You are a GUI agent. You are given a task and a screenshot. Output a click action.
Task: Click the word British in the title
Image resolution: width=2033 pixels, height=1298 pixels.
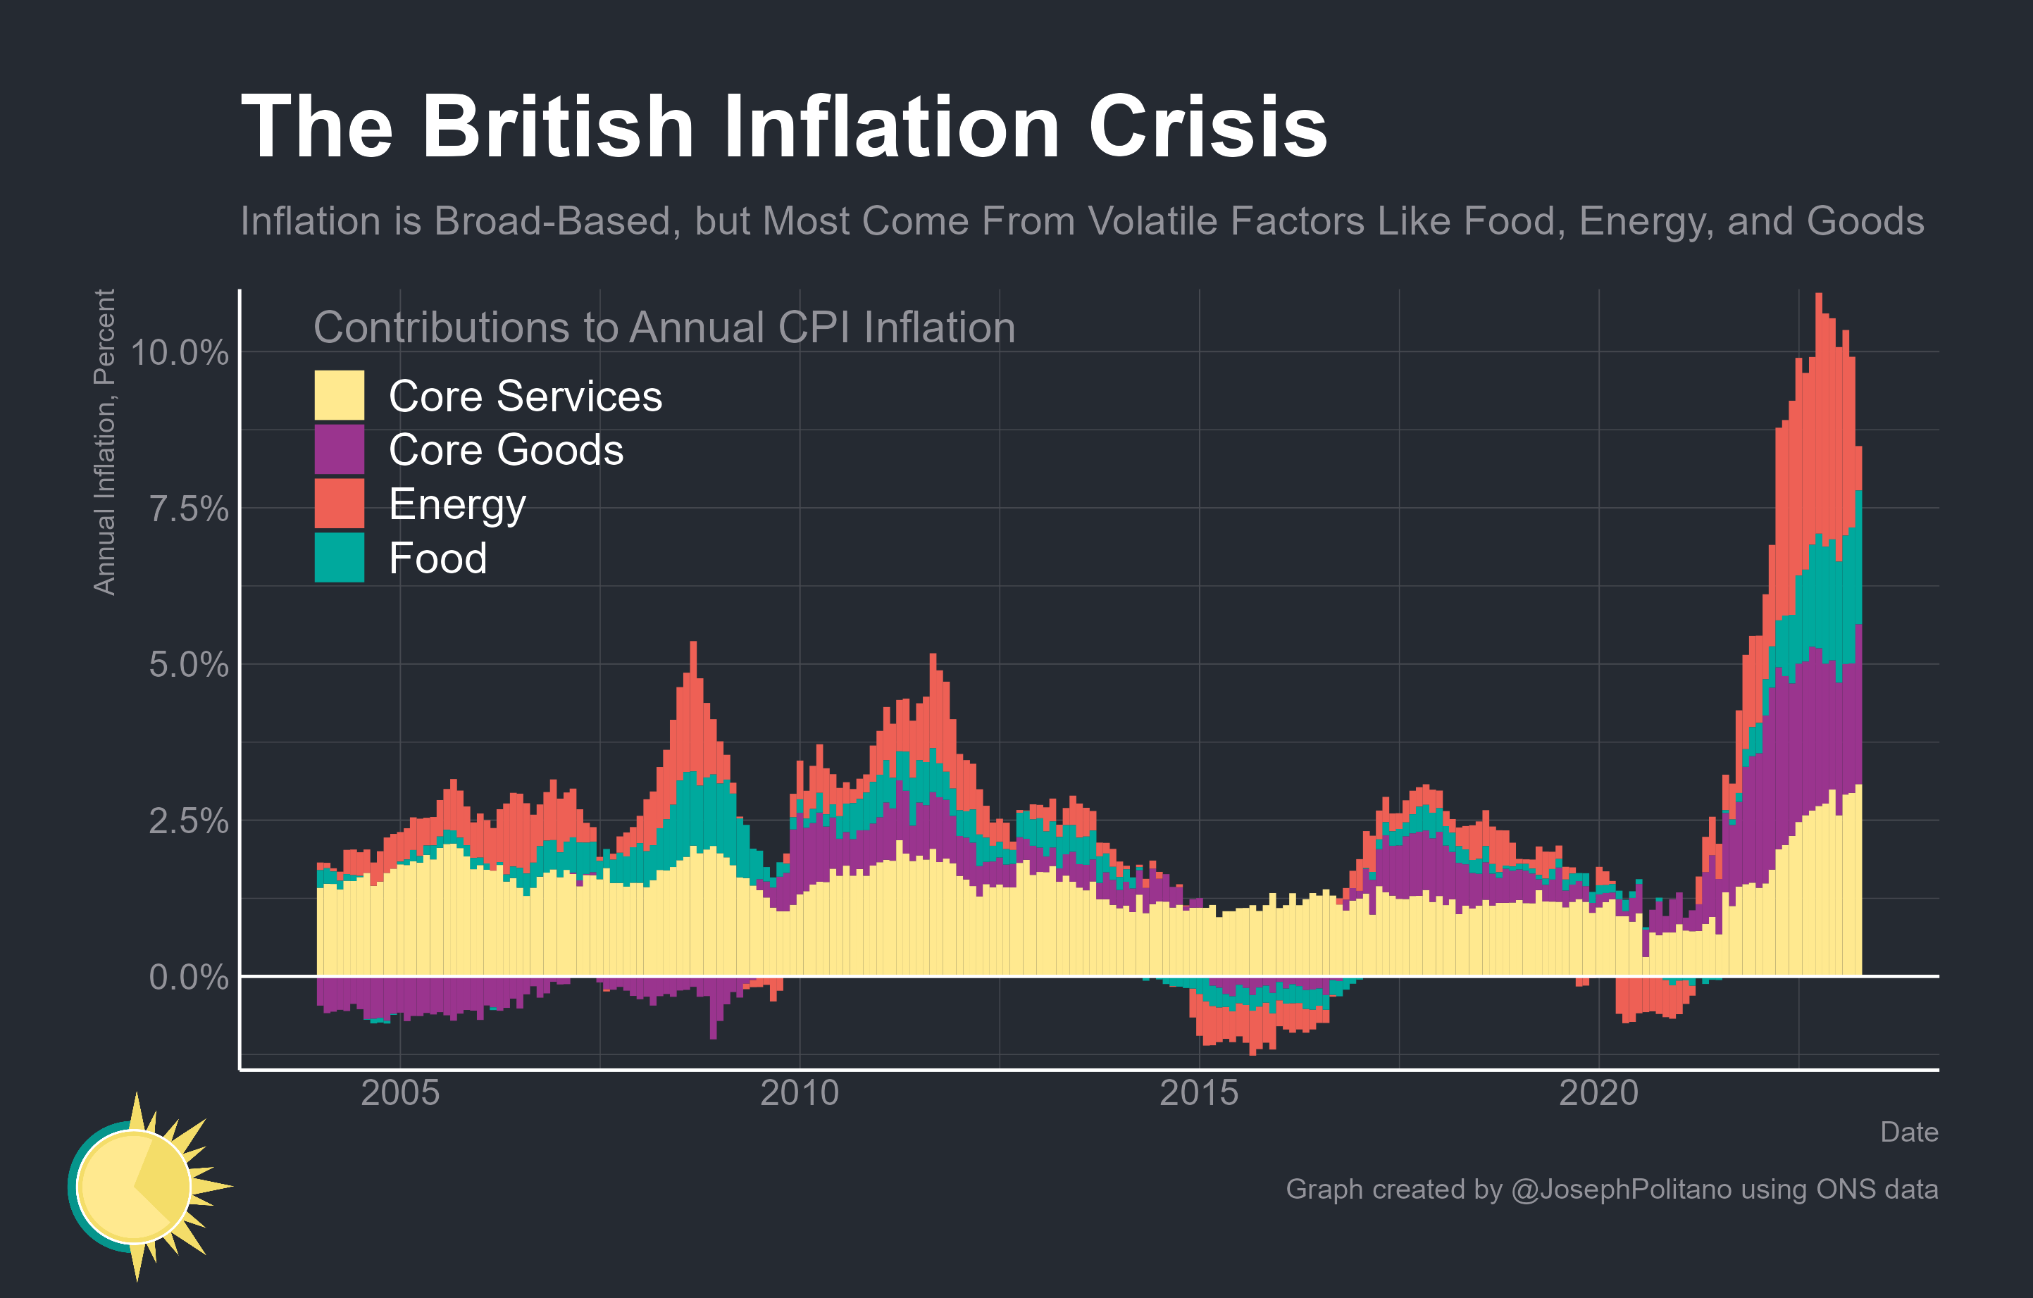tap(557, 127)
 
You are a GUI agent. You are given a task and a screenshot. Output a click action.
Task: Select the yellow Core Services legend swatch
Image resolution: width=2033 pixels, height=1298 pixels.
tap(340, 395)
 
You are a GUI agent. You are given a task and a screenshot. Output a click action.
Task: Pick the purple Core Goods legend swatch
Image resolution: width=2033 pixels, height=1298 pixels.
tap(340, 449)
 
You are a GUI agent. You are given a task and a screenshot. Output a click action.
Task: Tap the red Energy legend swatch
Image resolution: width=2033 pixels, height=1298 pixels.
tap(340, 503)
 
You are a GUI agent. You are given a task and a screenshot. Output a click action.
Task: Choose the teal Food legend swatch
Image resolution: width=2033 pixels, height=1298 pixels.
tap(340, 557)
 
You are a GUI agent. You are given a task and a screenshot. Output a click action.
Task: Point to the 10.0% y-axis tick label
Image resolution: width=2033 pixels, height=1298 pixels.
tap(179, 353)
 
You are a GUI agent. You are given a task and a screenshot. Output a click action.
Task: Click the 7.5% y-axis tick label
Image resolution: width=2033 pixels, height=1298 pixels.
tap(188, 509)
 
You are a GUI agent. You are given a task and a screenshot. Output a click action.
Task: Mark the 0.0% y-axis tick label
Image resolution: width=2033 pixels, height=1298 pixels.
tap(188, 978)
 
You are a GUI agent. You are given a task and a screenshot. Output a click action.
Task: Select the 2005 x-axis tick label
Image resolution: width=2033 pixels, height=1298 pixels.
tap(399, 1093)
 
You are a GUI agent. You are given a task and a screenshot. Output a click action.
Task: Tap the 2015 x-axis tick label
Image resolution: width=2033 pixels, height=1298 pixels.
tap(1199, 1093)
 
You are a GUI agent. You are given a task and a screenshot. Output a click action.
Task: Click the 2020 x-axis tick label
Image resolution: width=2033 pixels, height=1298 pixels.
tap(1598, 1093)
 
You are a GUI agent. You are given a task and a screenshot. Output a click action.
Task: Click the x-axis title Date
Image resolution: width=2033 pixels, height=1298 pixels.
tap(1908, 1132)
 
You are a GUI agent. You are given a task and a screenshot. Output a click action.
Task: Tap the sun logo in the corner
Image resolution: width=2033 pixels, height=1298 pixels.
tap(139, 1186)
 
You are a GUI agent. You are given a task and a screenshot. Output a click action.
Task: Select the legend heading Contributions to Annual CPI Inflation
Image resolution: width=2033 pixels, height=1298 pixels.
tap(664, 327)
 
